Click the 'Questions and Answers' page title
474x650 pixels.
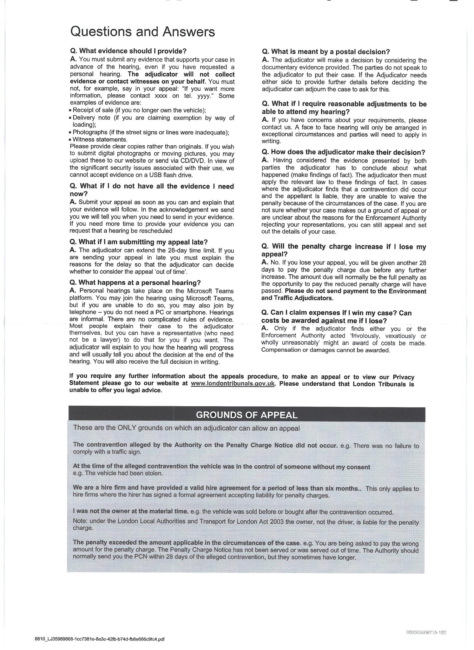coord(142,32)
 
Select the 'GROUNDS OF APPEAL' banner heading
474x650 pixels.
coord(247,415)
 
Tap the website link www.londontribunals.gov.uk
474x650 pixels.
coord(233,383)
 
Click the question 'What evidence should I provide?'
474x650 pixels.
coord(128,51)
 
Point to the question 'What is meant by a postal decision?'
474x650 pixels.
coord(326,52)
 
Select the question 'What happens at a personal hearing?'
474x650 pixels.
coord(135,282)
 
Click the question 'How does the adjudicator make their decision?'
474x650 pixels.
coord(343,152)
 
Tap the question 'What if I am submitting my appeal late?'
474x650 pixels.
coord(138,242)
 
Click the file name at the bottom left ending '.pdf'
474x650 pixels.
coord(100,639)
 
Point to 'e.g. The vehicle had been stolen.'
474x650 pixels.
coord(118,473)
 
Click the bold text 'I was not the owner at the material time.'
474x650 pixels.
coord(131,511)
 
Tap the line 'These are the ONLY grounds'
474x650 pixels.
coord(186,428)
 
